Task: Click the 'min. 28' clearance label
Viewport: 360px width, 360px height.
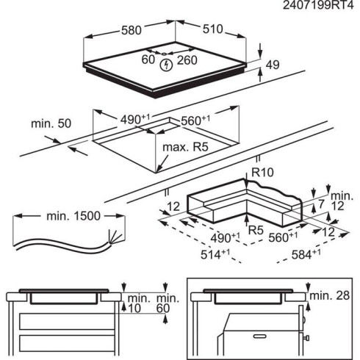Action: pos(328,295)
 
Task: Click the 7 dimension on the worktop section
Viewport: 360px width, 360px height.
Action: pos(321,203)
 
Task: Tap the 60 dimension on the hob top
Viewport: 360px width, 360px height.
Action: pos(148,58)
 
